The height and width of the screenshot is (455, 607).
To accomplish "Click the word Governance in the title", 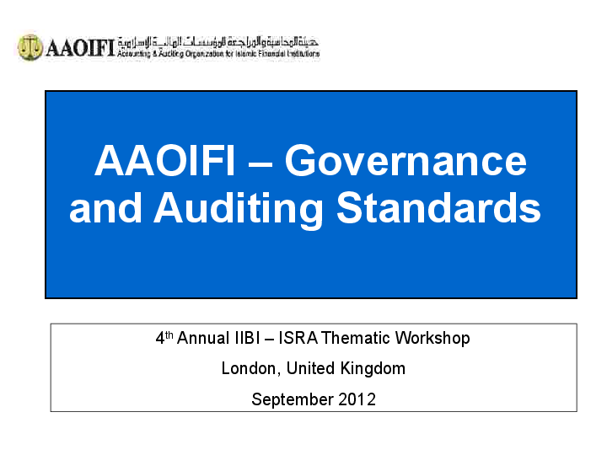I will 406,160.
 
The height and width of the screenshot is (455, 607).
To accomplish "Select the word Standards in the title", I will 438,208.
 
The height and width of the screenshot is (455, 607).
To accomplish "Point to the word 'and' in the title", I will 105,208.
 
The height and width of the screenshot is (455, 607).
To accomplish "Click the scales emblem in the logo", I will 30,47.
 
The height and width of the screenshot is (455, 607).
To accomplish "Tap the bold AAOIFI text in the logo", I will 78,48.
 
